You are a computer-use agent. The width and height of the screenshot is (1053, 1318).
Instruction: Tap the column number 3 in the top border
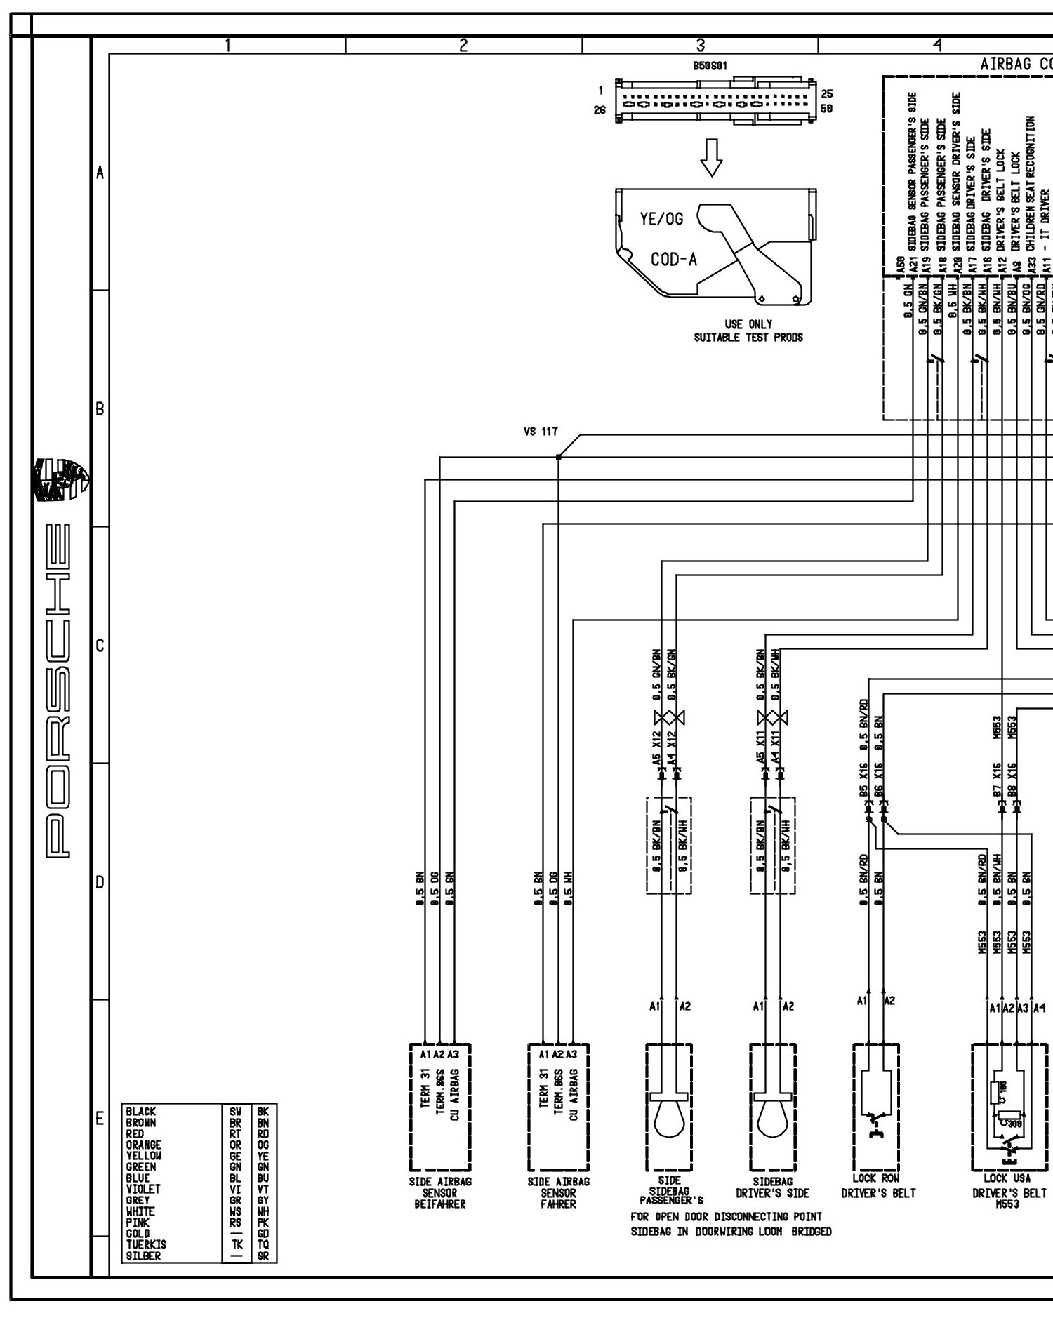click(x=700, y=45)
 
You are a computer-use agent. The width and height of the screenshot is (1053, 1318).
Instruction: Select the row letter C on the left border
click(x=100, y=645)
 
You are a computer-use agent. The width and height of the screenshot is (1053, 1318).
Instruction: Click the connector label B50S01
click(x=710, y=66)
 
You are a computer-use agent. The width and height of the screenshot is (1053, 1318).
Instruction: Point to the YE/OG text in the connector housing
click(x=661, y=219)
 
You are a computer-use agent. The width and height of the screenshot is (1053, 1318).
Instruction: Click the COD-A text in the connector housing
click(x=674, y=260)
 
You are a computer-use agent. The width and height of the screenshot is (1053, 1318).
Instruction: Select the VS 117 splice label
click(x=540, y=432)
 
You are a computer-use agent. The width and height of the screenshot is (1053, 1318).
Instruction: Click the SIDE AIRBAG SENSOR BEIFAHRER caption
click(x=440, y=1192)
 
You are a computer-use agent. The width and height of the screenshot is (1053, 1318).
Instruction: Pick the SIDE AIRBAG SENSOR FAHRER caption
click(x=559, y=1192)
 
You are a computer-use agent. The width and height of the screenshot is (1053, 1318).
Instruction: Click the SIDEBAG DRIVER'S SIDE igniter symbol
click(x=772, y=1105)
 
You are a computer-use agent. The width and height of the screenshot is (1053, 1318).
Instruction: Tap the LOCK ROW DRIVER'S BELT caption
click(x=878, y=1187)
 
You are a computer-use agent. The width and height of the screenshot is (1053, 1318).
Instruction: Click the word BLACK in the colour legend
click(x=141, y=1111)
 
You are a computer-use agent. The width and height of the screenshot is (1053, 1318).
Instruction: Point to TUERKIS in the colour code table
click(x=146, y=1244)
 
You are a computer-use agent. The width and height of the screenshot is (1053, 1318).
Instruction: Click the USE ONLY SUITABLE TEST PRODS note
click(x=748, y=331)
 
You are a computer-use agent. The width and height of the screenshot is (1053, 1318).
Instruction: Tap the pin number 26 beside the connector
click(x=600, y=110)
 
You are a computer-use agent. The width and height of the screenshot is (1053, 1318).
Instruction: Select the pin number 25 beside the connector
click(x=827, y=93)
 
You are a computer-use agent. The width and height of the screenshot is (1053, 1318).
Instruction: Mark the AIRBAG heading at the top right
click(x=1004, y=64)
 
